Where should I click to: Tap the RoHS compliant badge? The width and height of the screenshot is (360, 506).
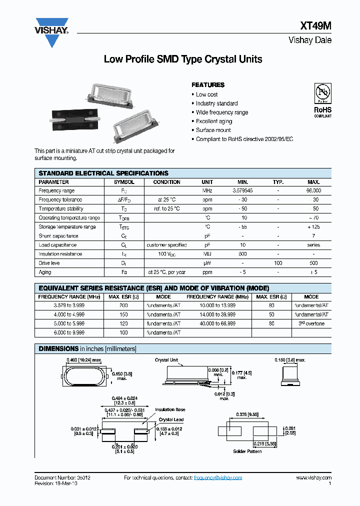(322, 100)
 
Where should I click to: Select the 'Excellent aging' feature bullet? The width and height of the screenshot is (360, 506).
(214, 121)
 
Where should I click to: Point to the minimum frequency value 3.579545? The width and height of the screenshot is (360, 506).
(242, 191)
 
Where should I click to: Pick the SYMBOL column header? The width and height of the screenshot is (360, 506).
(124, 182)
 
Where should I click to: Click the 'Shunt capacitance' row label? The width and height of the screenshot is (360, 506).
(58, 236)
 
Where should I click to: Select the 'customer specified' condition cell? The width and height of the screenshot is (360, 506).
(166, 245)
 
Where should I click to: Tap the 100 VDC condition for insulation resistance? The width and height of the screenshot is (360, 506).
(166, 254)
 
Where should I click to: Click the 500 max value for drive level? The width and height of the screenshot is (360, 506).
(313, 263)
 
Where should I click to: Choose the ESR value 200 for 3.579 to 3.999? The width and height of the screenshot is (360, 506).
(124, 306)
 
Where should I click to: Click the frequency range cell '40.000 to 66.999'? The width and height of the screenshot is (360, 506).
(217, 324)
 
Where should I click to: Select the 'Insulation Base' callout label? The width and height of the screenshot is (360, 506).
(170, 409)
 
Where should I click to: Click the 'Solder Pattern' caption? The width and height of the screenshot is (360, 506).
(247, 451)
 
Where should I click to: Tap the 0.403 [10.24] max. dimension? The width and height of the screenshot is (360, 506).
(84, 360)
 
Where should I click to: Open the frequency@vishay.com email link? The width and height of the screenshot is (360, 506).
(218, 478)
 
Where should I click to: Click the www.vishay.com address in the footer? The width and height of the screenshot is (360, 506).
(313, 478)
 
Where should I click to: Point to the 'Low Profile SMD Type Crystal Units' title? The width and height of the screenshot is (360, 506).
(182, 59)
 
